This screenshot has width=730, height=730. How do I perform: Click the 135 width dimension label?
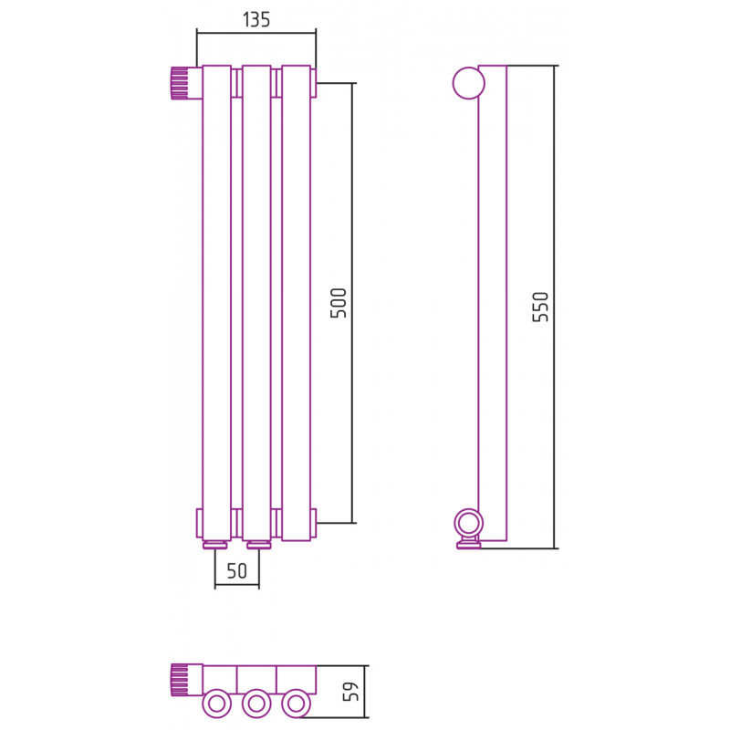[x=256, y=19]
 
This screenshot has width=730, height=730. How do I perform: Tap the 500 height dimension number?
[x=339, y=303]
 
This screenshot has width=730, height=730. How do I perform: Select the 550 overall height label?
[x=540, y=307]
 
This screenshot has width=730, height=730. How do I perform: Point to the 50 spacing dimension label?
[x=237, y=571]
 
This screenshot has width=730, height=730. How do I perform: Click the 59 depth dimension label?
[x=350, y=692]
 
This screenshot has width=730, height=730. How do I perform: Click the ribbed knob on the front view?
[x=180, y=83]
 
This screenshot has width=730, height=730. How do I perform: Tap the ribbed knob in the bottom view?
[x=180, y=680]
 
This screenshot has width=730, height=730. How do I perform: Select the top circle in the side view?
[x=469, y=83]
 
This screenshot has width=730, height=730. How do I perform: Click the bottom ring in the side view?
[x=469, y=524]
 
